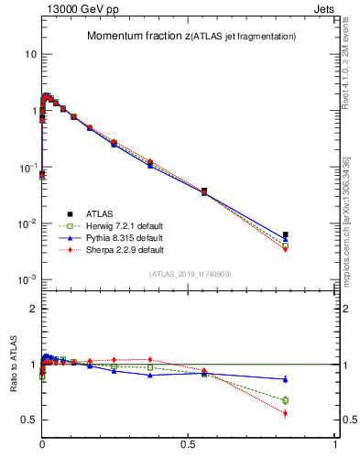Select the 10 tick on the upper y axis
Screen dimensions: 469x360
click(30, 54)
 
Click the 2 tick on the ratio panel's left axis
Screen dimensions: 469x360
click(32, 309)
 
